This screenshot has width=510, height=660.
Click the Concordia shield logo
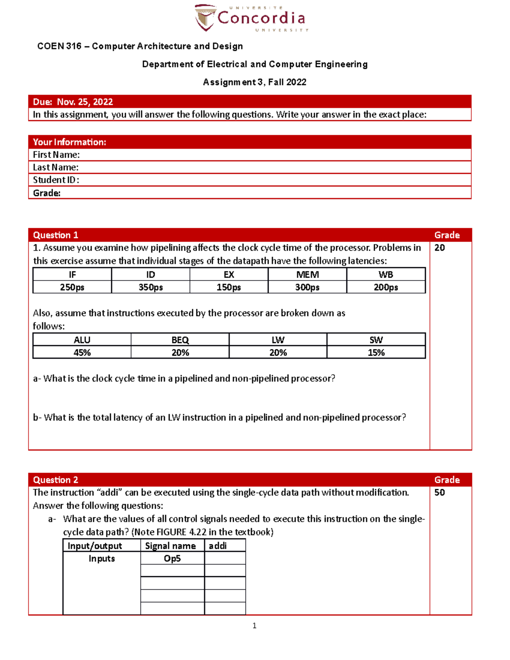(x=204, y=18)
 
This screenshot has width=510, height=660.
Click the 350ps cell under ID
(x=150, y=287)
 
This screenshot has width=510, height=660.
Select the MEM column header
(x=307, y=275)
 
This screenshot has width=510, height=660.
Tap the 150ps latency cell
(x=229, y=287)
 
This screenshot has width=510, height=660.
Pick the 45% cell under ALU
(x=82, y=353)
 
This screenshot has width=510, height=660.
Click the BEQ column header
(x=180, y=340)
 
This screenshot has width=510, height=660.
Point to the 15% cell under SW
(x=376, y=353)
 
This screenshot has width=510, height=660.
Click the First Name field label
(x=56, y=155)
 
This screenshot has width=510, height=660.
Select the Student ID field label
(x=56, y=180)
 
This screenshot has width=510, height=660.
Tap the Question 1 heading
(x=56, y=235)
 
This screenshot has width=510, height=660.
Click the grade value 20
(x=439, y=248)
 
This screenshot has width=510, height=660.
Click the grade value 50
(x=439, y=493)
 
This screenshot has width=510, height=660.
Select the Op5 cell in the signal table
(x=172, y=558)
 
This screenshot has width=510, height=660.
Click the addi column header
(x=218, y=546)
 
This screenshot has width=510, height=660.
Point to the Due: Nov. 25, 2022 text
(x=73, y=102)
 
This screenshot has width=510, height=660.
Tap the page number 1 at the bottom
(x=254, y=626)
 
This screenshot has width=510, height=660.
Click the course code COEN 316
(x=59, y=46)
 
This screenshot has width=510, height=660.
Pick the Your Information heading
(x=69, y=142)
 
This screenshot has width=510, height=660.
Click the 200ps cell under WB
(x=386, y=287)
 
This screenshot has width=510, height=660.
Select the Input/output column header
(x=95, y=546)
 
